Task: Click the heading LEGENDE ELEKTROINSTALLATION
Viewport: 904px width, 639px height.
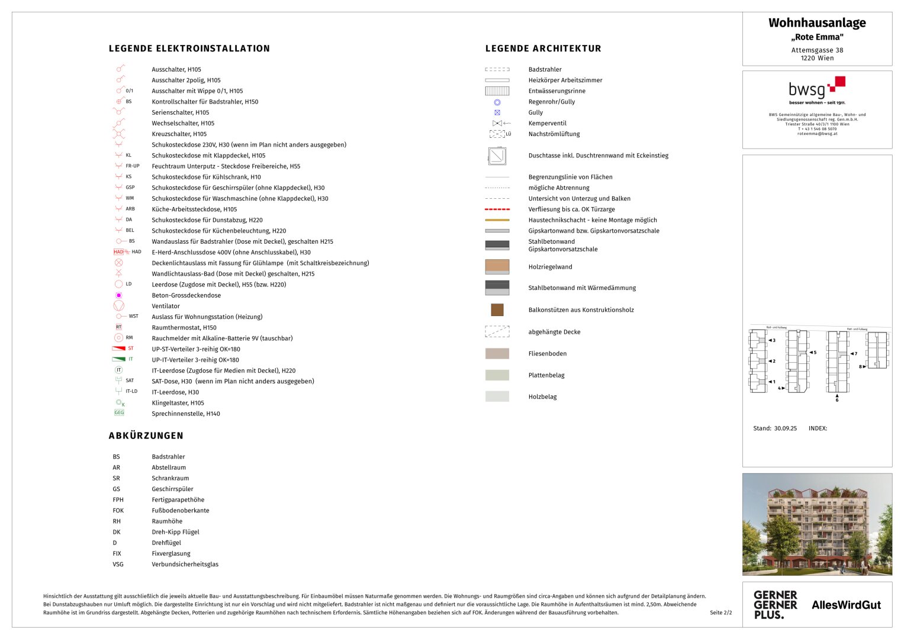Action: tap(189, 49)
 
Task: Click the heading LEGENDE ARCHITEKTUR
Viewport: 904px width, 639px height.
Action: tap(543, 49)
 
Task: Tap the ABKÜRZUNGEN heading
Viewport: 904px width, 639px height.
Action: tap(146, 435)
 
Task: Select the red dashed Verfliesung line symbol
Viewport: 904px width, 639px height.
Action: tap(497, 209)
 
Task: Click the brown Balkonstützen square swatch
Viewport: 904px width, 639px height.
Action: tap(497, 309)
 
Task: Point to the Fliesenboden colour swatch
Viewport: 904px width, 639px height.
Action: tap(497, 354)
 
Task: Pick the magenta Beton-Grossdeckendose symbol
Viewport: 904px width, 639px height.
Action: tap(118, 295)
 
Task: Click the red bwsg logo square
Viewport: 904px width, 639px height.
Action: tap(839, 82)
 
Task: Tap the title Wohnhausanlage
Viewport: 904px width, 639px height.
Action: tap(817, 23)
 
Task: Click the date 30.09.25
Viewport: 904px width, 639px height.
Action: tap(785, 428)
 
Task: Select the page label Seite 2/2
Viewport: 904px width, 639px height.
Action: tap(720, 613)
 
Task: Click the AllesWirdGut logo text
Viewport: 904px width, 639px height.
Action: tap(846, 605)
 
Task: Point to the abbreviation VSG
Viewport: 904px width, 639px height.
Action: tap(118, 564)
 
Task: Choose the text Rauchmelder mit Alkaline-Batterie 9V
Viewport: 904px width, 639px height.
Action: tap(222, 338)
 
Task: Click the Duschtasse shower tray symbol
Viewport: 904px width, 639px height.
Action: tap(497, 156)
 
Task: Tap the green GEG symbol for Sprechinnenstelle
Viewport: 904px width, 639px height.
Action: tap(119, 413)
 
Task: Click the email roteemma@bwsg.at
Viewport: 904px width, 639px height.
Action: tap(817, 134)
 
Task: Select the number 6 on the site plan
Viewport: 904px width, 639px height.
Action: tap(837, 400)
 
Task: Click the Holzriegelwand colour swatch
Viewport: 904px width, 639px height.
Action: tap(497, 266)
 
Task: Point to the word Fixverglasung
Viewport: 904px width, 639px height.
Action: tap(171, 554)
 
